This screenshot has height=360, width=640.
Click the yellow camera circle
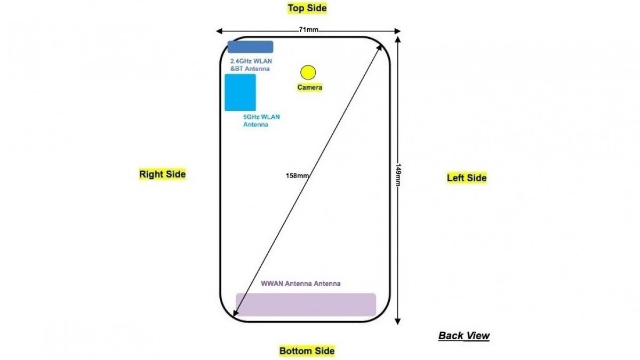308,72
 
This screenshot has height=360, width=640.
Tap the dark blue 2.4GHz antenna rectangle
251,47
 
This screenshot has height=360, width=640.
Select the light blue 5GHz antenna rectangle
240,92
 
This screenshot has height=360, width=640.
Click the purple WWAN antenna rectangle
306,305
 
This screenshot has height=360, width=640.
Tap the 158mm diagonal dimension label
297,175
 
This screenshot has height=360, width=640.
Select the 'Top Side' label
307,8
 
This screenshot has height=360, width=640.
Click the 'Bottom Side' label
307,351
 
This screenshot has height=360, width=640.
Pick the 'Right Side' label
163,174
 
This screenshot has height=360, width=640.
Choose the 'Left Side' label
467,178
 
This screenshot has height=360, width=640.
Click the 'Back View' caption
464,335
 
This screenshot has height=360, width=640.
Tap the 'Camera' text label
310,87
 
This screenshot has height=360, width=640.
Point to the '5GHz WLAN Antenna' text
261,121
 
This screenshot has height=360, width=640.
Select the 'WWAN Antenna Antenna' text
300,284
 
